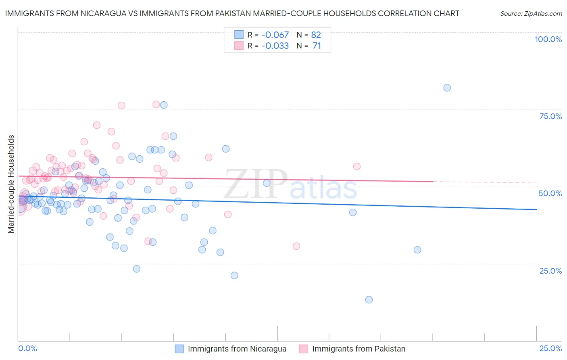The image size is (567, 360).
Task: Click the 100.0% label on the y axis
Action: tap(548, 39)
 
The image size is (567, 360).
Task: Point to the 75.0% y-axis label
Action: tap(550, 116)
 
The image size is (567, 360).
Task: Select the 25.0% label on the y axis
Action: tap(550, 271)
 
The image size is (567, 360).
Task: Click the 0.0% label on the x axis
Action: tap(28, 348)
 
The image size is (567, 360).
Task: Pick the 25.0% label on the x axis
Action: tap(550, 348)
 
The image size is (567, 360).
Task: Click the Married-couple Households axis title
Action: tap(11, 184)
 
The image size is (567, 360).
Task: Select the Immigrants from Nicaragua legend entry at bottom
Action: tap(237, 349)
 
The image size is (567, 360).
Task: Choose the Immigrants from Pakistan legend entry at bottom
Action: tap(359, 349)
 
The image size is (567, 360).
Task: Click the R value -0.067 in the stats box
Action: tap(275, 35)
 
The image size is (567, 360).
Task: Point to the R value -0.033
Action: tap(275, 46)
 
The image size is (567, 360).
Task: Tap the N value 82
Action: tap(316, 35)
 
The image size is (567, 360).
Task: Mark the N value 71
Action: tap(317, 46)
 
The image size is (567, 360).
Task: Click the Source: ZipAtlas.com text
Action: tap(531, 14)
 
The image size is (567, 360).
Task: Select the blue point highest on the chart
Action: tap(447, 88)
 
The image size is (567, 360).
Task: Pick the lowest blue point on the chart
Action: tap(369, 299)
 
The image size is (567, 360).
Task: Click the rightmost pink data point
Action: tap(356, 166)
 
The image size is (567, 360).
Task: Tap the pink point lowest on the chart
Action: tap(296, 246)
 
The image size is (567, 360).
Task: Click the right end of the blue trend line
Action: tap(536, 209)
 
